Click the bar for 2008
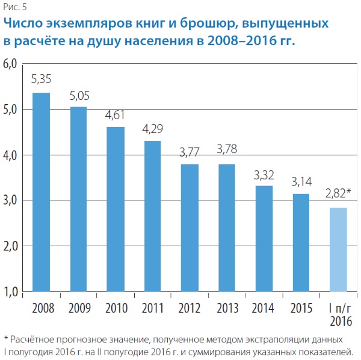click(42, 192)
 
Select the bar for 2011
click(152, 216)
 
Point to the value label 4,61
click(116, 115)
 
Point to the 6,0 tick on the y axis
click(11, 64)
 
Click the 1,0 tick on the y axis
click(11, 292)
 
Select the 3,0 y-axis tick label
click(11, 200)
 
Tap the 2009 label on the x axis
click(78, 309)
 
